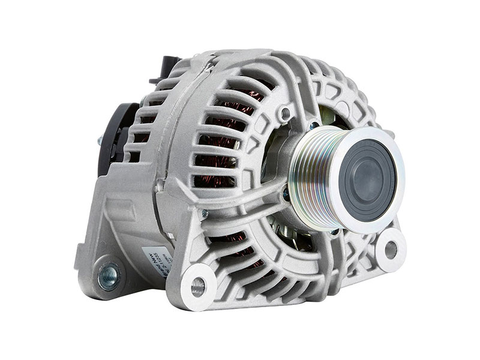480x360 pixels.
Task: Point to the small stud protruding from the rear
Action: (x=98, y=142)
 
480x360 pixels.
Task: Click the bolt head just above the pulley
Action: (x=314, y=126)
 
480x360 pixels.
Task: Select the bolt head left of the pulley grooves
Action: (x=286, y=193)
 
